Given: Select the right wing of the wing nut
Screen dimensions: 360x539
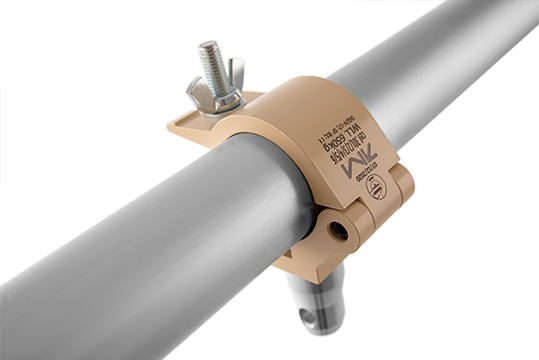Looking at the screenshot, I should coord(236,71).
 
